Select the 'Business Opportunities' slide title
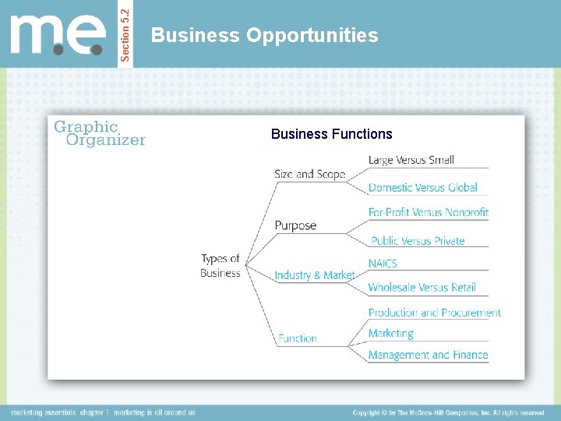(x=265, y=35)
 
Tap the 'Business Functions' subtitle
(x=332, y=134)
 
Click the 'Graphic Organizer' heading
(x=99, y=133)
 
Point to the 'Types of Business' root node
(x=221, y=266)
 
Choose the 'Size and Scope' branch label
(x=309, y=174)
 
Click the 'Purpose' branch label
(x=295, y=225)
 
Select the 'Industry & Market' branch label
(x=315, y=275)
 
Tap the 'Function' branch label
(x=298, y=338)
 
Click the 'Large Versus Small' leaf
(x=411, y=160)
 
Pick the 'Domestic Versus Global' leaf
(x=422, y=187)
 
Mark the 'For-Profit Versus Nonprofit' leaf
(x=428, y=212)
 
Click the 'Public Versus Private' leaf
(x=418, y=241)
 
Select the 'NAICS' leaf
(x=383, y=264)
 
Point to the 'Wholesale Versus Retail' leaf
(x=422, y=287)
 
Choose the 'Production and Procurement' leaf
(x=434, y=313)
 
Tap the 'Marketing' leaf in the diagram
(x=390, y=333)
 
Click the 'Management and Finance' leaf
(x=428, y=355)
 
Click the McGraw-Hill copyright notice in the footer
(x=448, y=412)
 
